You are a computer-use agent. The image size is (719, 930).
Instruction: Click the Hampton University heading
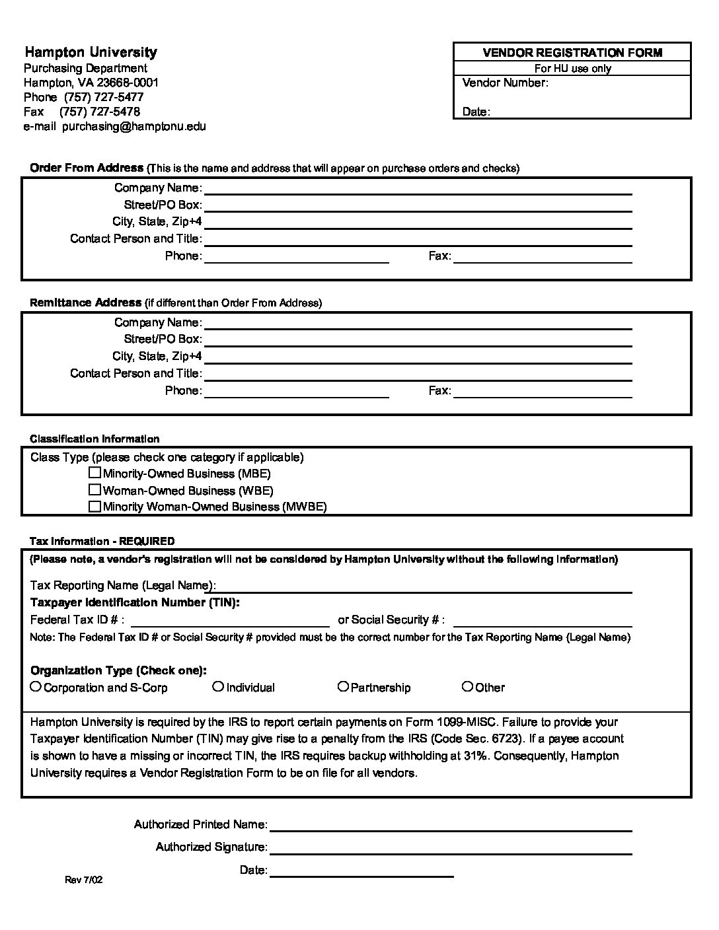point(91,52)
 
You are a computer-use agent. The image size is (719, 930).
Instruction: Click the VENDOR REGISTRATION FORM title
point(572,53)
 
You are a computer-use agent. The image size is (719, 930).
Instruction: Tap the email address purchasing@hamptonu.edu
point(134,126)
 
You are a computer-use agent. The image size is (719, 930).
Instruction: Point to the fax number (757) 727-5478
point(100,112)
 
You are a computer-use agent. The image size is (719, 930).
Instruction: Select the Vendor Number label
point(506,83)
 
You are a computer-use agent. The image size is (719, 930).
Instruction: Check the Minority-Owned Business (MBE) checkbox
point(95,473)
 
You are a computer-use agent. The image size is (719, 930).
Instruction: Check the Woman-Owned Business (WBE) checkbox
point(95,490)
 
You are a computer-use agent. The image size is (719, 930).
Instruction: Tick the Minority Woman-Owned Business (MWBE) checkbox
point(95,507)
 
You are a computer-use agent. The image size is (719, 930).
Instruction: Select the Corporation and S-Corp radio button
point(36,687)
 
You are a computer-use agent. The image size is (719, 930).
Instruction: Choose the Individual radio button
point(218,687)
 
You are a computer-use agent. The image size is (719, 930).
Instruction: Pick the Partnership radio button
point(343,687)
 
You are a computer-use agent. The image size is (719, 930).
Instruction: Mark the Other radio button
point(467,687)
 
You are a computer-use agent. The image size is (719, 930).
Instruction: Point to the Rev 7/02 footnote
point(83,880)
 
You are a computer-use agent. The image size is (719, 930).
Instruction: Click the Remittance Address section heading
point(86,303)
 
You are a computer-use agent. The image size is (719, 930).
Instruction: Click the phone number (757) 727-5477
point(104,97)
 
